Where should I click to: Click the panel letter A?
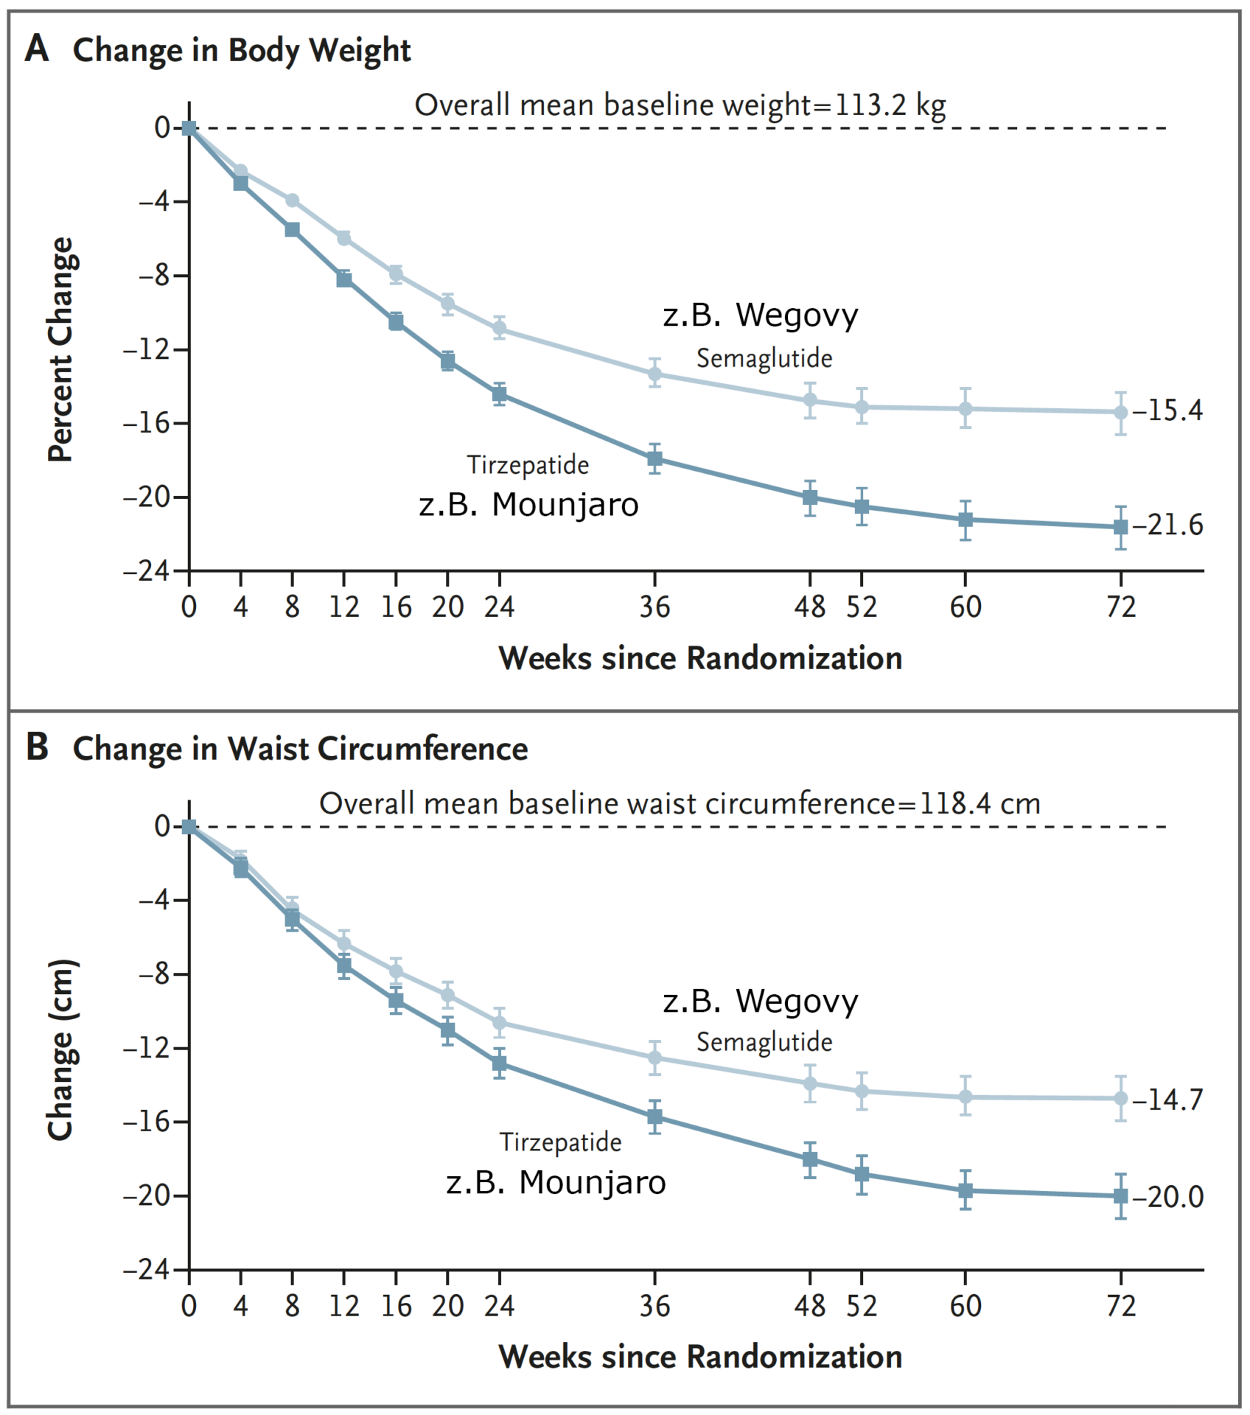36,50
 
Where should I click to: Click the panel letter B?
37,747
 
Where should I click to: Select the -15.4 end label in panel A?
1167,410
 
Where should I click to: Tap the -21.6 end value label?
1167,525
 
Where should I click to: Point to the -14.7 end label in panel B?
1167,1100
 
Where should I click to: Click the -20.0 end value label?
1167,1197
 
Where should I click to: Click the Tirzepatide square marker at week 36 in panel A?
654,459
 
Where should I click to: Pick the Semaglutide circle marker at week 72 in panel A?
1120,413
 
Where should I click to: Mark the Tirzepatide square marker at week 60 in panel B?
965,1190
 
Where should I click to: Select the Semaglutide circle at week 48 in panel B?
810,1083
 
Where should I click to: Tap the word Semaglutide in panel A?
764,358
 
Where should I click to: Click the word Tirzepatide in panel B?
560,1142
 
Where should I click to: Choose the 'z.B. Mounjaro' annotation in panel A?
528,505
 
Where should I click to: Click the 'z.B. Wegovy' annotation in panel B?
760,1001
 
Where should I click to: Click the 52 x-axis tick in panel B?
862,1306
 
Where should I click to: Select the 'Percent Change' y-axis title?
61,349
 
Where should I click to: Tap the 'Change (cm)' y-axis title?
61,1049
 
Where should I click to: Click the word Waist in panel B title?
268,749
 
